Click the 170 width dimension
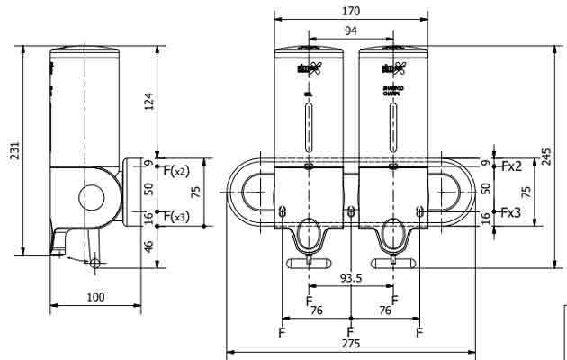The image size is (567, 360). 351,12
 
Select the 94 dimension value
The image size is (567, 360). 351,31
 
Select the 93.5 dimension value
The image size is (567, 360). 351,278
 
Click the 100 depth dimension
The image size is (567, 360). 95,297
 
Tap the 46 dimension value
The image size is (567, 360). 149,246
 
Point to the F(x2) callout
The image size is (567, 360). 174,169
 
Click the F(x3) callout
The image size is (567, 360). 174,216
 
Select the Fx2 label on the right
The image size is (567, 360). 511,166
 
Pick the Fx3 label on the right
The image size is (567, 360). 511,213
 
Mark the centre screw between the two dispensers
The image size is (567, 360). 351,212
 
